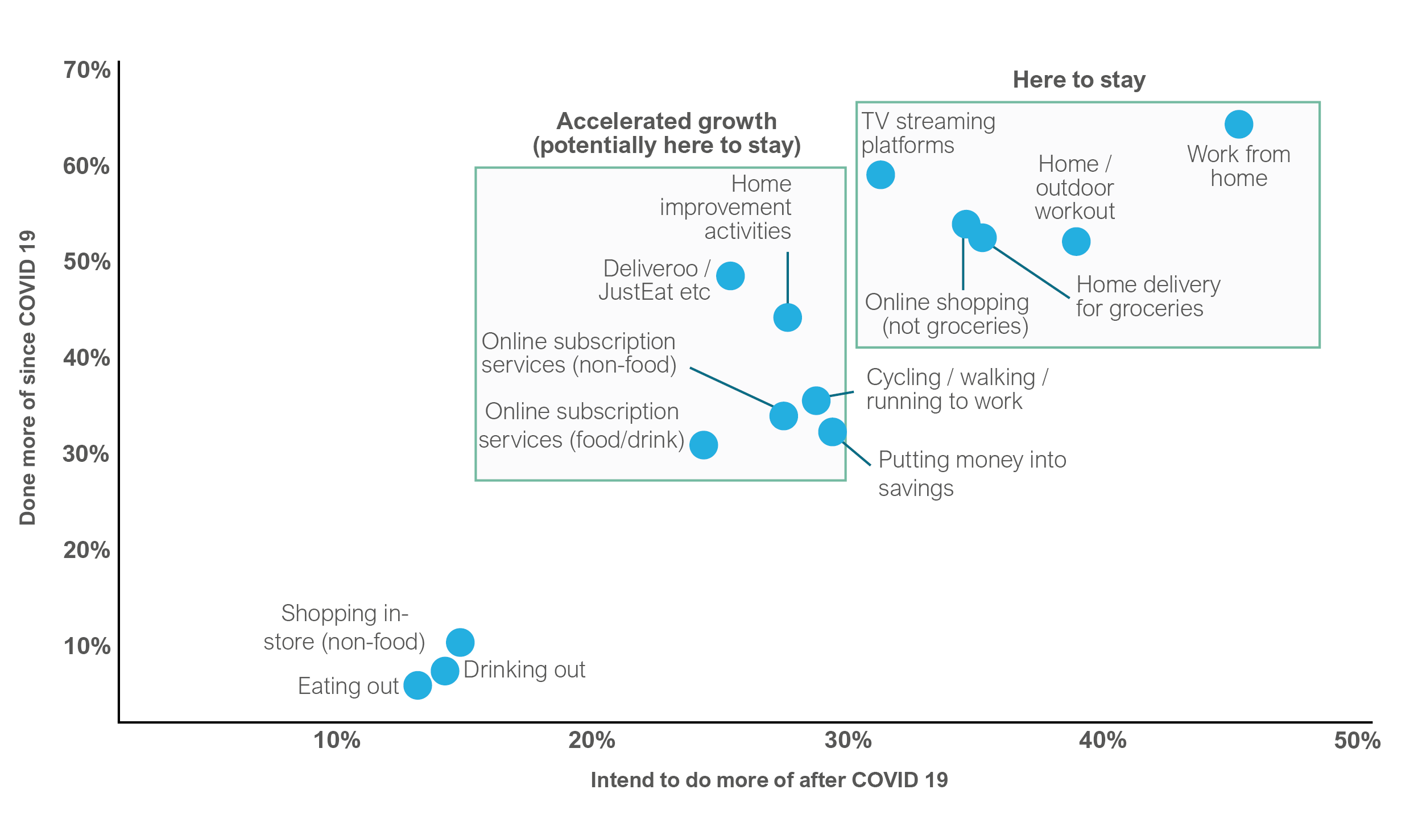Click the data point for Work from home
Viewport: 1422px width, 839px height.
(1238, 124)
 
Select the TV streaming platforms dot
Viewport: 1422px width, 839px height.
(880, 175)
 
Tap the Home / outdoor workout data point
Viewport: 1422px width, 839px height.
(1076, 242)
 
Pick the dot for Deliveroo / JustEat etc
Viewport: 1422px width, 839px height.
(730, 276)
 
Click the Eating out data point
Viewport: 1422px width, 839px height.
(417, 685)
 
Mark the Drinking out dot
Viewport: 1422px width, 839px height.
(445, 671)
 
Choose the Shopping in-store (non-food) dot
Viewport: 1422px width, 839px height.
(460, 642)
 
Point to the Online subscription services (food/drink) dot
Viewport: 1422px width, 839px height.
(703, 445)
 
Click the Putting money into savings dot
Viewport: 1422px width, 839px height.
(832, 432)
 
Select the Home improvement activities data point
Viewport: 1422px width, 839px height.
(787, 317)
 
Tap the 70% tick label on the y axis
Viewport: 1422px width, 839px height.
(86, 70)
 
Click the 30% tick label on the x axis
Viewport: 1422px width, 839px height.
(848, 741)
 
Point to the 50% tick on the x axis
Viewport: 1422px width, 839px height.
(1357, 741)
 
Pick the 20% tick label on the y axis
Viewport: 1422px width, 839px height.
(86, 550)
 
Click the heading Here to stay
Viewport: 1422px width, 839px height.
(1079, 80)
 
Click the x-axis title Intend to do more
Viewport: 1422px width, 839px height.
(769, 780)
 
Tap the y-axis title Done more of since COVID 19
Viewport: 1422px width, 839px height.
(27, 378)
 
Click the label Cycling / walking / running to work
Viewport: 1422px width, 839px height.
(957, 389)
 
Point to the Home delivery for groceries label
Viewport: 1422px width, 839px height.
(1148, 296)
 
